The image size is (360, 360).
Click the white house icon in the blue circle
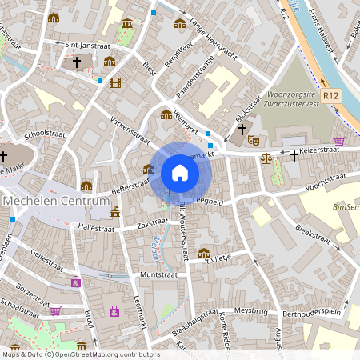point(180,173)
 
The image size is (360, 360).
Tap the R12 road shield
point(332,95)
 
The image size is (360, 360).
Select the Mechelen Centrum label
point(55,202)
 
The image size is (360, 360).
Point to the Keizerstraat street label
point(319,148)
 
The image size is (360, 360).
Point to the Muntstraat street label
point(158,274)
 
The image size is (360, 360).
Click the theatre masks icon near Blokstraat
point(254,140)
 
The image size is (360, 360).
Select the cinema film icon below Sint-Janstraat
point(115,82)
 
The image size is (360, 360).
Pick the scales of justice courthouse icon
point(266,158)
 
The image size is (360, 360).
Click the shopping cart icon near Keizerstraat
point(339,141)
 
